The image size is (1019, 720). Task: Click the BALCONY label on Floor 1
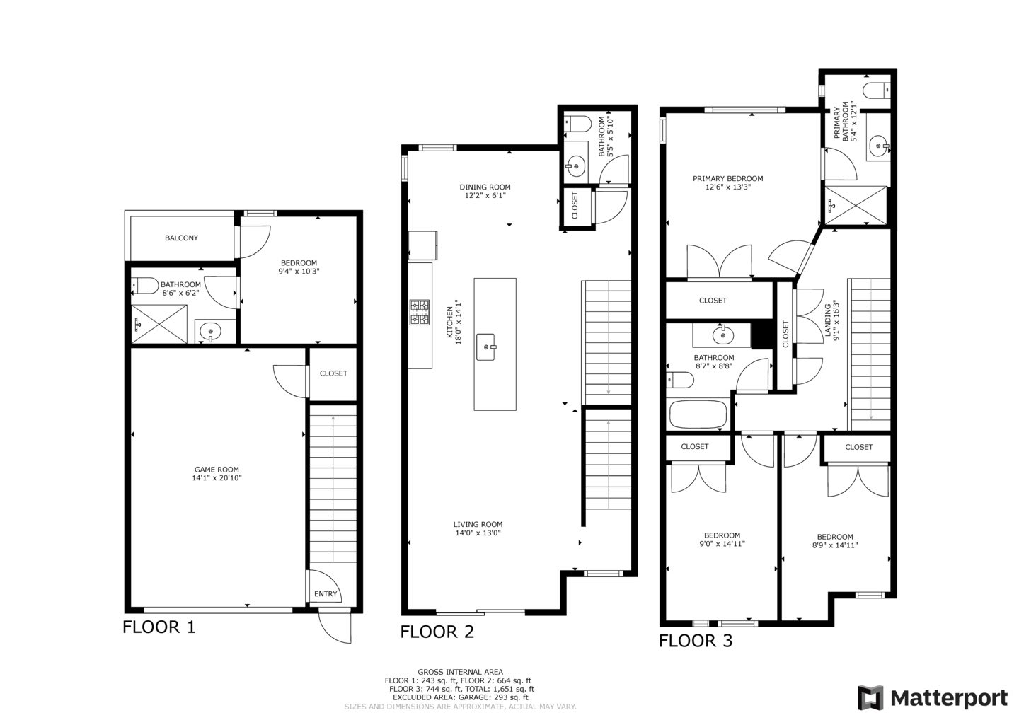click(181, 238)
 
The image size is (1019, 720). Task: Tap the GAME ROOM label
click(217, 470)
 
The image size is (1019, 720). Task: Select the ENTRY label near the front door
click(326, 594)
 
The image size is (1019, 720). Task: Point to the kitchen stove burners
click(420, 313)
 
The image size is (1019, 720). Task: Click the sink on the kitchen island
click(486, 347)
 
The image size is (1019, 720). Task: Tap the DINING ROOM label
click(485, 187)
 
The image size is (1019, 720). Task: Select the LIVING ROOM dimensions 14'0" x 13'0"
click(478, 533)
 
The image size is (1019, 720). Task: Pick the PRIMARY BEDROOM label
click(728, 179)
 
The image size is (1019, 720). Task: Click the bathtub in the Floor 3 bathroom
click(698, 414)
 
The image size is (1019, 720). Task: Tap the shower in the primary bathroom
click(856, 205)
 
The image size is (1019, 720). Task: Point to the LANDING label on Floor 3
click(828, 320)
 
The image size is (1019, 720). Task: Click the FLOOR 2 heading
click(437, 632)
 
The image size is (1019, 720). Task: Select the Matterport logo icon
click(870, 698)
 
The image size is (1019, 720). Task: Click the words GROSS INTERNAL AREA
click(461, 672)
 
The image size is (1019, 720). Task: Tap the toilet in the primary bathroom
click(877, 91)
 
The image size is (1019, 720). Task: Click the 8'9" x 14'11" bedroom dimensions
click(835, 545)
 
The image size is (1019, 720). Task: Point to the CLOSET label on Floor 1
click(333, 373)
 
